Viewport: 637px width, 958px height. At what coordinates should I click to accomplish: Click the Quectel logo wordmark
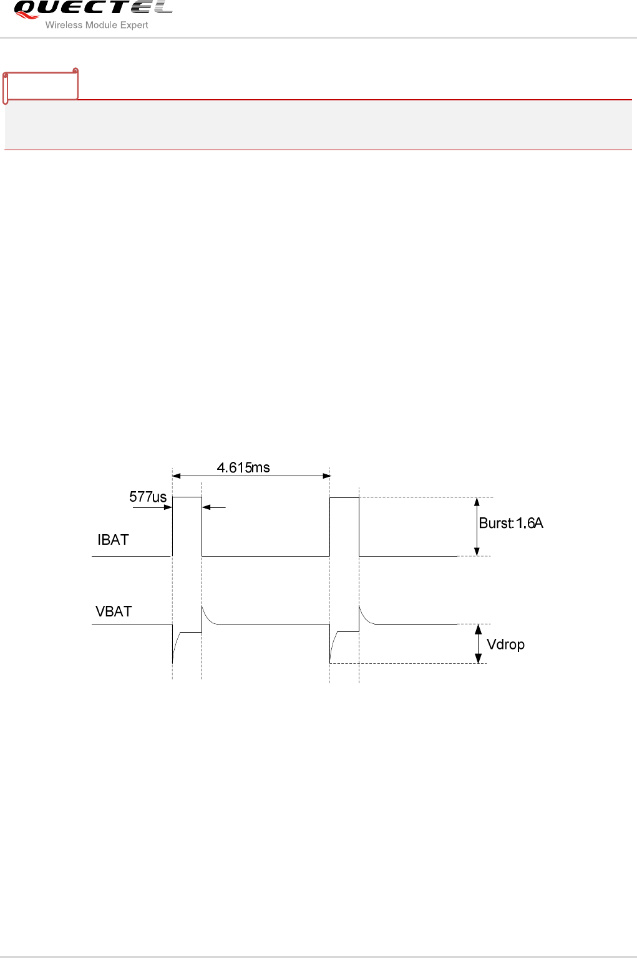[x=92, y=9]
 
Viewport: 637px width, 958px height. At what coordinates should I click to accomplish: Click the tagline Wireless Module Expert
[x=97, y=26]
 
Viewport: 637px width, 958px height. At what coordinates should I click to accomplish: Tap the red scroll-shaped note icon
[x=41, y=86]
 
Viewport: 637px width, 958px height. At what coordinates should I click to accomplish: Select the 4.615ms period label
[x=243, y=467]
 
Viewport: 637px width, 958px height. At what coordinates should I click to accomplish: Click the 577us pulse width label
[x=148, y=497]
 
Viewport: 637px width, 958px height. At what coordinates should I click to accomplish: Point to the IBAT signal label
[x=113, y=540]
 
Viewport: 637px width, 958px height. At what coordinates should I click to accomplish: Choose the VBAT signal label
[x=114, y=611]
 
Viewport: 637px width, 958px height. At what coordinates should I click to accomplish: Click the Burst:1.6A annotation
[x=511, y=523]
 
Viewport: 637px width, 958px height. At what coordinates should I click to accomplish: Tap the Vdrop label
[x=505, y=644]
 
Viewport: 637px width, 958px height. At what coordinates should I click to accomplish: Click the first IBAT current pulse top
[x=187, y=497]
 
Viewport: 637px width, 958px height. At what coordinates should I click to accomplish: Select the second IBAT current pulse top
[x=344, y=498]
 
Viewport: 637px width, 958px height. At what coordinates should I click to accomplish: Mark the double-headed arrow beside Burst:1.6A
[x=477, y=527]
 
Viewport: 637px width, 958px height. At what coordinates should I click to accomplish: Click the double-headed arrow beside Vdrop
[x=479, y=644]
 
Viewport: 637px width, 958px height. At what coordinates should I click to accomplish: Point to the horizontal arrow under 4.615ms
[x=251, y=476]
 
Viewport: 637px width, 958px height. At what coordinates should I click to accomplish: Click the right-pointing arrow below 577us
[x=153, y=507]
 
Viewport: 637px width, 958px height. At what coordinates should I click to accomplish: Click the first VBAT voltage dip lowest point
[x=173, y=662]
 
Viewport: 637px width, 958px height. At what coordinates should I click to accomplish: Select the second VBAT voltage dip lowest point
[x=330, y=662]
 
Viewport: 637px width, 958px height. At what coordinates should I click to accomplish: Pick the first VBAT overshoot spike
[x=203, y=607]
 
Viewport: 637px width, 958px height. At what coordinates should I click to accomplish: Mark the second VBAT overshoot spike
[x=360, y=607]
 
